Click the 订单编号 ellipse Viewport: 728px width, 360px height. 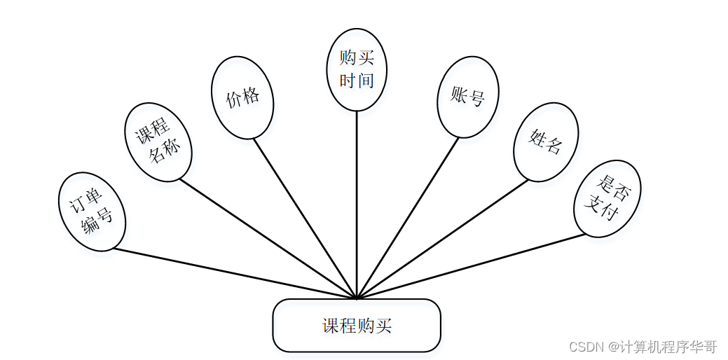tap(92, 211)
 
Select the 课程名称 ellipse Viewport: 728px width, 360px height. tap(158, 142)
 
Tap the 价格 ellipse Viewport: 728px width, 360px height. tap(242, 97)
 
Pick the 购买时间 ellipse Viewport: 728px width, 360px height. tap(357, 69)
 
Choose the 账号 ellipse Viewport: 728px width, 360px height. tap(467, 97)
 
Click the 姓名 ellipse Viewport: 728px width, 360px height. tap(546, 141)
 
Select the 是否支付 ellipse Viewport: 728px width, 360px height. tap(607, 198)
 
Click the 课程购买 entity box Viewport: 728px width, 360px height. tap(357, 326)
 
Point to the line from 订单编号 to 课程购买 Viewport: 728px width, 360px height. tap(235, 273)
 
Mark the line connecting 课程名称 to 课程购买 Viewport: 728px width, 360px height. tap(268, 239)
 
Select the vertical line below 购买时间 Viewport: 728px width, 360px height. tap(357, 203)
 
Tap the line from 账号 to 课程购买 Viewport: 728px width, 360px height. tap(408, 218)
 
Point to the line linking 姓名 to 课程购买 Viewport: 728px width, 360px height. tap(443, 239)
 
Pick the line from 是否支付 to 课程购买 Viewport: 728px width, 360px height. tap(471, 266)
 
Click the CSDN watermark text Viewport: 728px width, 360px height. tap(643, 346)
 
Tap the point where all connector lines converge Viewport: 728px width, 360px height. tap(357, 298)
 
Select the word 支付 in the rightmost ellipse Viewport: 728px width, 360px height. tap(602, 207)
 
